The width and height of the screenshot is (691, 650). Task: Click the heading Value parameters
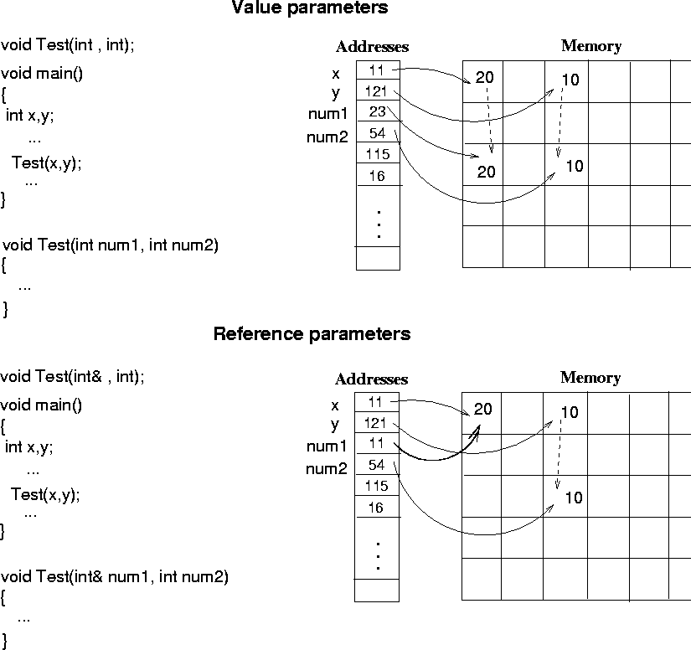click(309, 8)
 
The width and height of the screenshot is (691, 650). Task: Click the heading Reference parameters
click(312, 334)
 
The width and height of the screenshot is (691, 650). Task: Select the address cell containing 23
click(377, 112)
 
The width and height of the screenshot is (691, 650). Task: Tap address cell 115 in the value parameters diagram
click(378, 154)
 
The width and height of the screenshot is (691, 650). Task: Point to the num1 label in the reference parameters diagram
click(326, 446)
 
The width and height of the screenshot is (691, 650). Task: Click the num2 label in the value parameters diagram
click(327, 137)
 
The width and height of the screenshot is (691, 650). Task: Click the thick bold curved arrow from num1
click(440, 456)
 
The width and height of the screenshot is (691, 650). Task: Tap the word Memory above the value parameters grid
click(590, 46)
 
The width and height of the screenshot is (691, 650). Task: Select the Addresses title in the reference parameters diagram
click(371, 379)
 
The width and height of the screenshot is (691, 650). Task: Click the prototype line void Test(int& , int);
click(72, 377)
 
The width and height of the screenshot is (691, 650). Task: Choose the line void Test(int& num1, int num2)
click(114, 576)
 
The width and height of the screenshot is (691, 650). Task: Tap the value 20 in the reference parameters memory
click(483, 410)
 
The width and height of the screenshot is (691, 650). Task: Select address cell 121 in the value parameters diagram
click(376, 91)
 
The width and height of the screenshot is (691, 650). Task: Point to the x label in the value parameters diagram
click(335, 74)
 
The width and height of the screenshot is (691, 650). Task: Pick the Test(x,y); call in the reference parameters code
click(45, 494)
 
